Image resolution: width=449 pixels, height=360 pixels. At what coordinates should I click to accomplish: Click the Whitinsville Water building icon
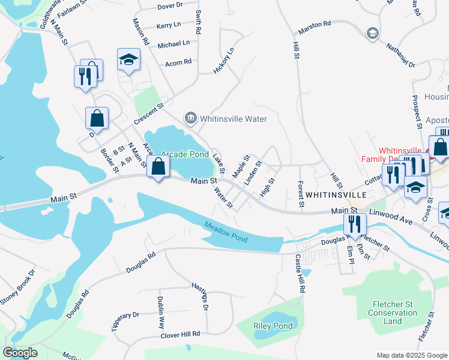191,117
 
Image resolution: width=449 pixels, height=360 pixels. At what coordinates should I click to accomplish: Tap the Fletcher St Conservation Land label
393,313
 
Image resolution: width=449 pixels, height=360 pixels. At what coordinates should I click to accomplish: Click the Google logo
20,352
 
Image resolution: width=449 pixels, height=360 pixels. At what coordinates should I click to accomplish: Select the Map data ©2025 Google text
411,355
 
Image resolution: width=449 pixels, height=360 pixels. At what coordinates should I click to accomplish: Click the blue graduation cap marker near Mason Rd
128,59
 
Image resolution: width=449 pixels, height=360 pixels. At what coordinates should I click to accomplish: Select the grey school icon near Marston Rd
372,33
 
